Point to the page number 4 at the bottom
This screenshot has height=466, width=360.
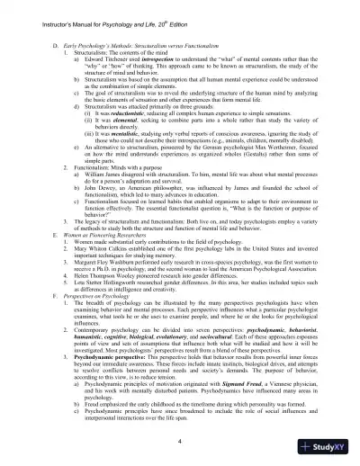pyautogui.click(x=180, y=444)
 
